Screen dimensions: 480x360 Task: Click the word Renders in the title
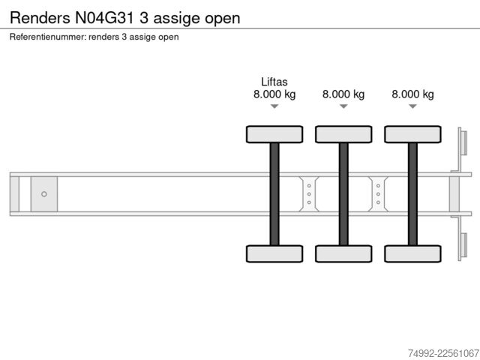point(40,18)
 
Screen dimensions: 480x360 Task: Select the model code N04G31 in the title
point(104,18)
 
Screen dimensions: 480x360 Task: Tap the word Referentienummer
point(48,37)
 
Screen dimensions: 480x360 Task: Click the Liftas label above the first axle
point(274,82)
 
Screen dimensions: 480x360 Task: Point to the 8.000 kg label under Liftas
point(274,94)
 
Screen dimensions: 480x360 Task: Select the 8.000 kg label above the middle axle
point(343,94)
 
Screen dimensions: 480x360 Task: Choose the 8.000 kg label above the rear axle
point(412,94)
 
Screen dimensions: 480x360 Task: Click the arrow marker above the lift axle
point(274,106)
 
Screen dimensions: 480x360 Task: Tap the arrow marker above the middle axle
point(343,106)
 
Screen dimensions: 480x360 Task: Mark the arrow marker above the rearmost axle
point(413,106)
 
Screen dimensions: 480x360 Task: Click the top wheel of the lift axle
point(274,134)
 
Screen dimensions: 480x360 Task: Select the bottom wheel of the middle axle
point(343,253)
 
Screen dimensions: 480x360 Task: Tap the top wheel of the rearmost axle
point(413,134)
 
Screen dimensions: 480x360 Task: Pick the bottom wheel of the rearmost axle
point(413,253)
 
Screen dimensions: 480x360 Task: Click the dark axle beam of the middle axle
point(343,194)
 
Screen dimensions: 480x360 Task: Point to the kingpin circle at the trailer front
point(44,194)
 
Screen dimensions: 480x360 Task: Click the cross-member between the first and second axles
point(309,194)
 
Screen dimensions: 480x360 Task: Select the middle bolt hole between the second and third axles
point(378,194)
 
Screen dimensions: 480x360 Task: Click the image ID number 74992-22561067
point(443,353)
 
